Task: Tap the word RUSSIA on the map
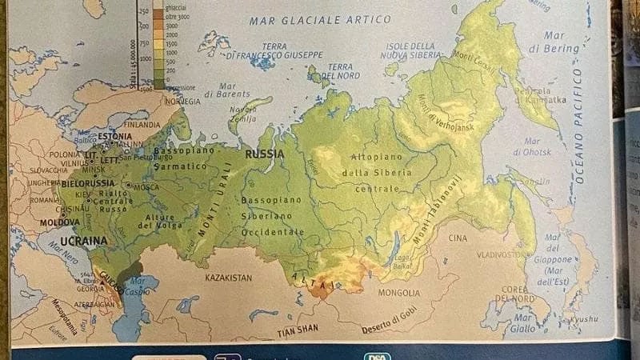(265, 154)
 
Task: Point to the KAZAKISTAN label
(228, 278)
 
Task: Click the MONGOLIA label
(398, 293)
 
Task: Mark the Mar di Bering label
(554, 42)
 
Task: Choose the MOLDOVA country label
(60, 222)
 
